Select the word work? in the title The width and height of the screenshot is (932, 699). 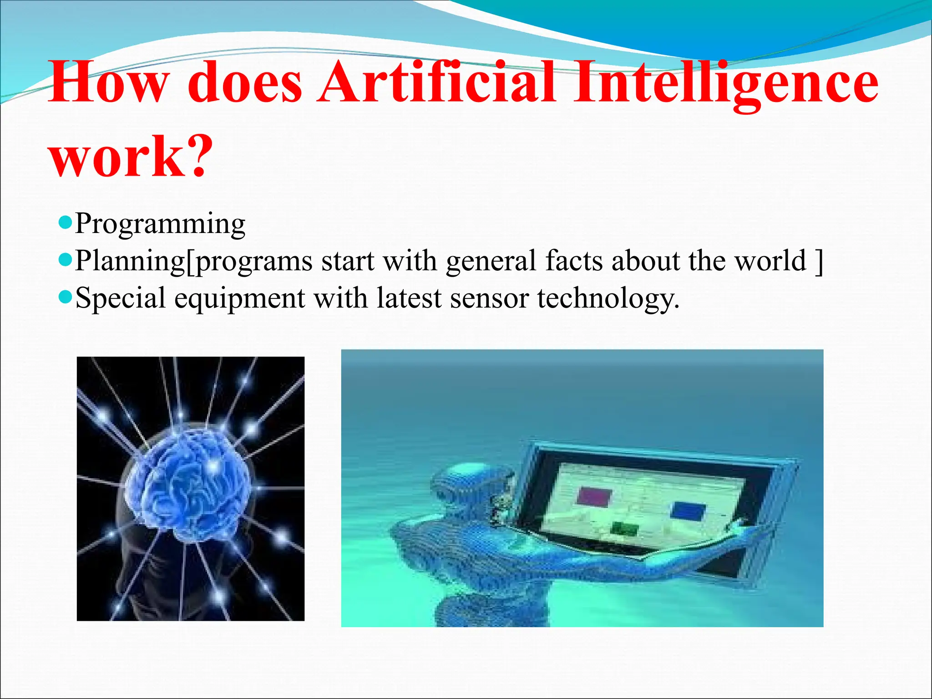coord(131,156)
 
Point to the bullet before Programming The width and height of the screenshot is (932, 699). coord(66,223)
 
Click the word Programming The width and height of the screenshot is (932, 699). coord(160,224)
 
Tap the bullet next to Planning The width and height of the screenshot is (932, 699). coord(66,260)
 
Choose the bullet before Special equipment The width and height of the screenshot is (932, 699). coord(66,298)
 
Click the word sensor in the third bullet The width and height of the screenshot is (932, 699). coord(489,299)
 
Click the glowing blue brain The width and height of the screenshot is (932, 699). coord(189,482)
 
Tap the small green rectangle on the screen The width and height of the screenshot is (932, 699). coord(624,528)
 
